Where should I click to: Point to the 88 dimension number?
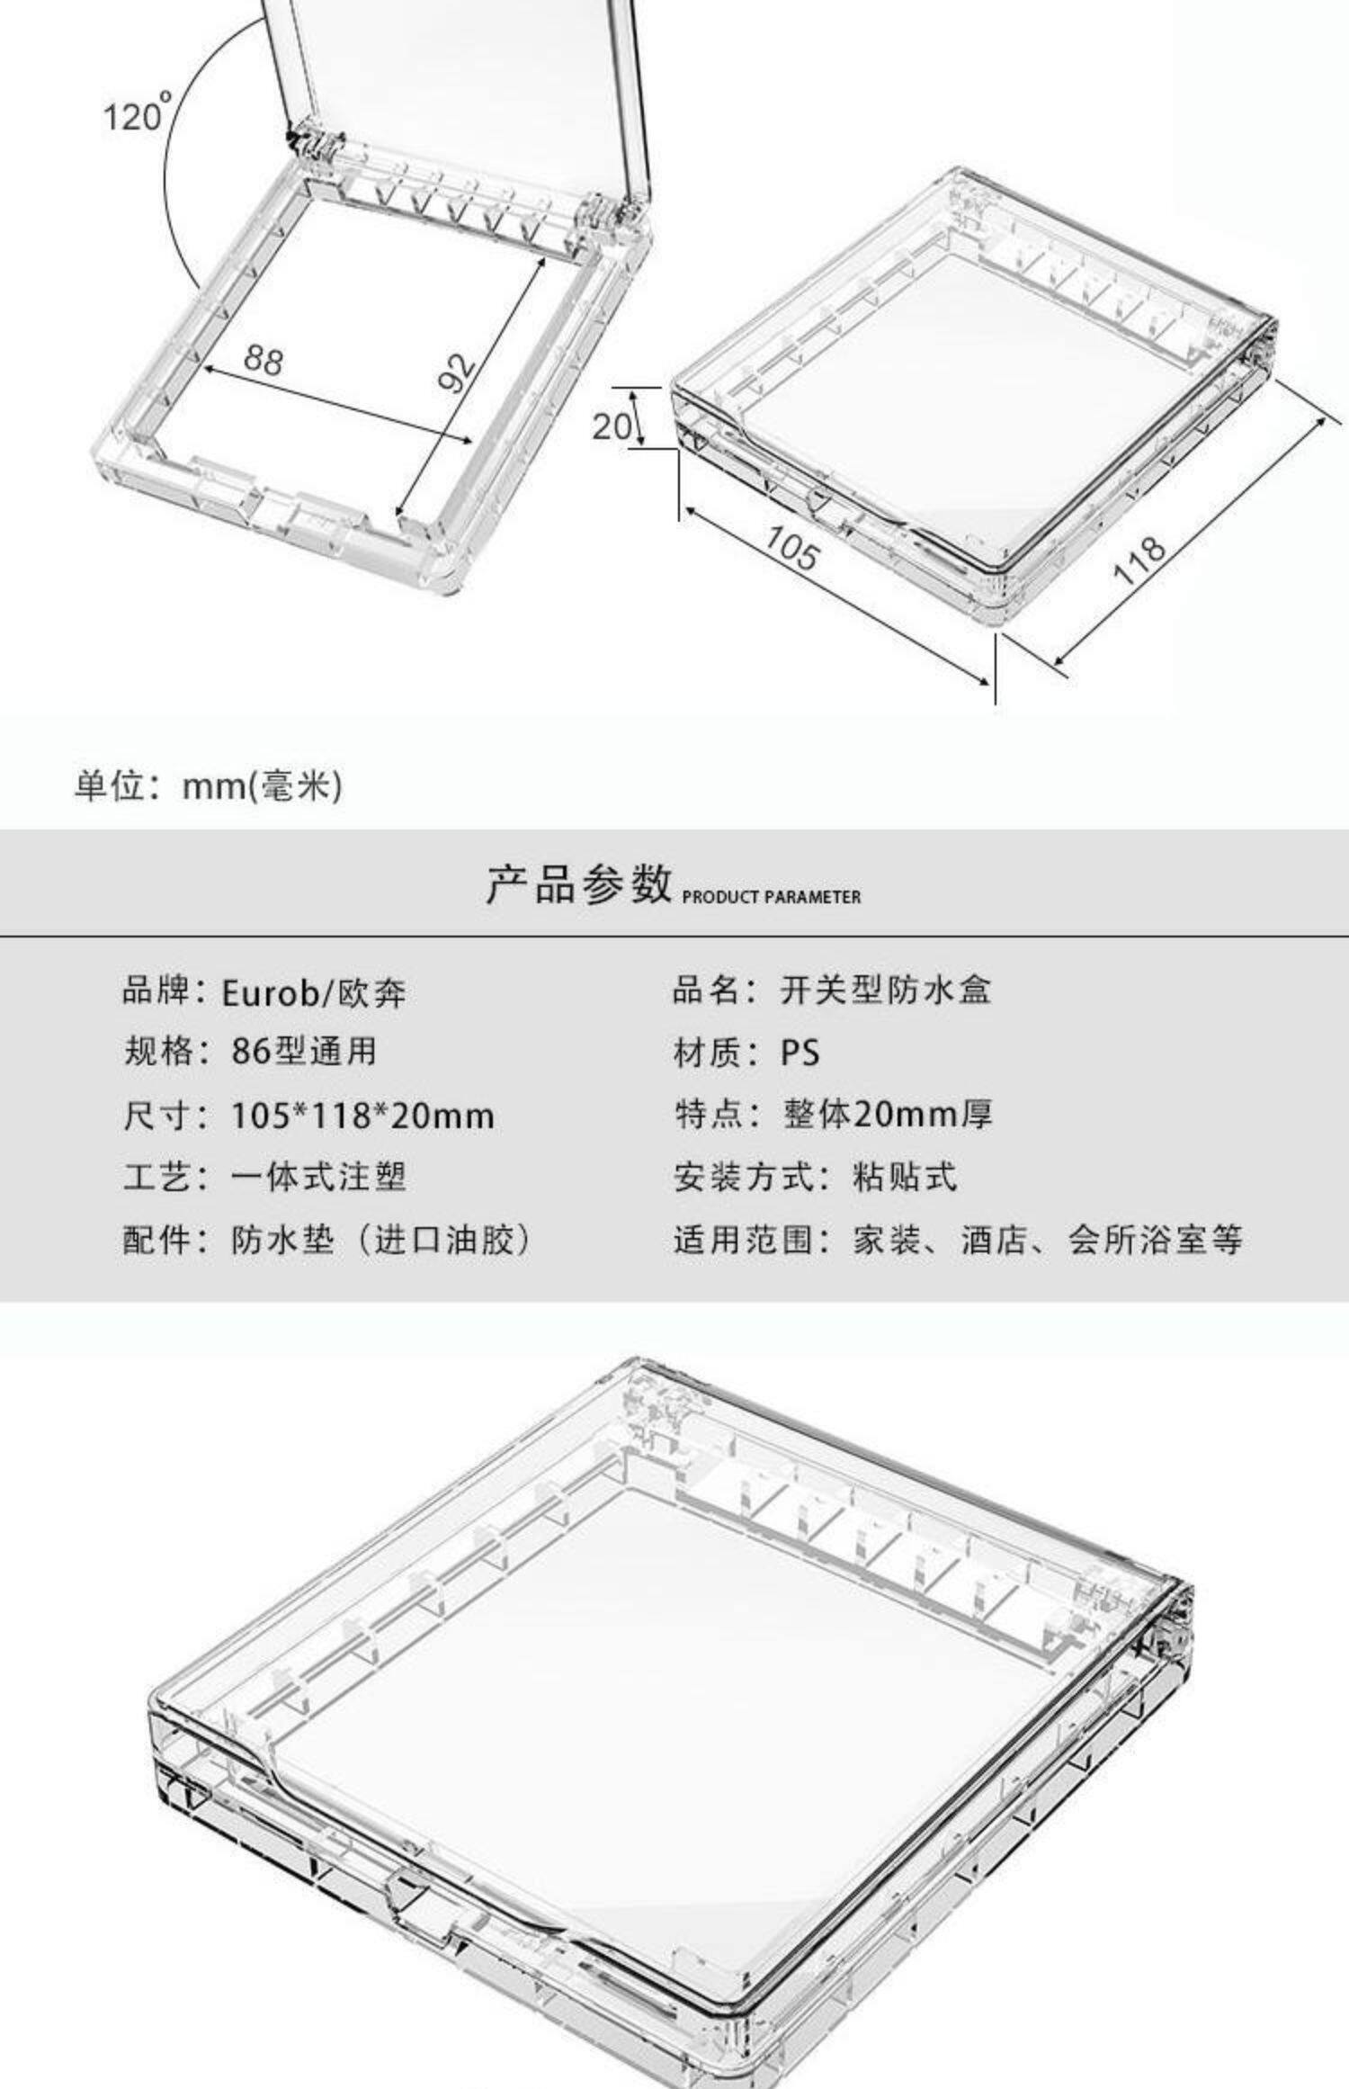click(x=263, y=360)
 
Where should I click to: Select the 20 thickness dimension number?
click(x=612, y=425)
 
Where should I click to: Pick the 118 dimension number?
click(x=1140, y=560)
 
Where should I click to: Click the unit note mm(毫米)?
click(x=262, y=785)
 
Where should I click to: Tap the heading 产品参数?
click(x=579, y=883)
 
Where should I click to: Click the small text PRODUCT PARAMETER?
click(x=772, y=897)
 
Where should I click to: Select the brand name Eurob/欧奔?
click(x=314, y=992)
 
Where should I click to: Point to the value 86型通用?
click(x=304, y=1051)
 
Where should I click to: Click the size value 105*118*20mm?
click(x=362, y=1116)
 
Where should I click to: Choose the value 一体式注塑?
click(x=318, y=1177)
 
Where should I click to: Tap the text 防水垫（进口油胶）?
click(x=381, y=1240)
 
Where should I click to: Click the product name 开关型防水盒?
click(x=886, y=990)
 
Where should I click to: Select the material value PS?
click(x=800, y=1052)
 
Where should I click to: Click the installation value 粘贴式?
click(x=905, y=1177)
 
